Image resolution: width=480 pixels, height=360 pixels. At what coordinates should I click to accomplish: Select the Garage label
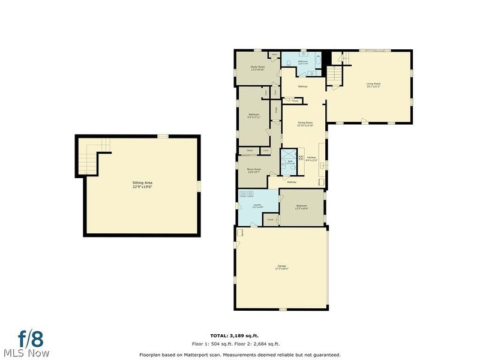point(281,267)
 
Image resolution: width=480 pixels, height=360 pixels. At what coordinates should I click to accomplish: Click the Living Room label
point(374,85)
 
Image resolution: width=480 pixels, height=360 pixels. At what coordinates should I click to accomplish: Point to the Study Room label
point(257,67)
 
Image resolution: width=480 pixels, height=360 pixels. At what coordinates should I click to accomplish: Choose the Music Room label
point(254,170)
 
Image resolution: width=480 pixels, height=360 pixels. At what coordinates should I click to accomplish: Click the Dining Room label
point(306,124)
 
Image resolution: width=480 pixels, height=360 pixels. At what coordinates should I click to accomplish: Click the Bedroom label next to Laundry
point(301,207)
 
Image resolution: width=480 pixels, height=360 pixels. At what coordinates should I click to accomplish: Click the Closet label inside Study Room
point(274,55)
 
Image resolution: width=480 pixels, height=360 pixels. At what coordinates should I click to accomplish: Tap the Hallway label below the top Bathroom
point(302,87)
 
